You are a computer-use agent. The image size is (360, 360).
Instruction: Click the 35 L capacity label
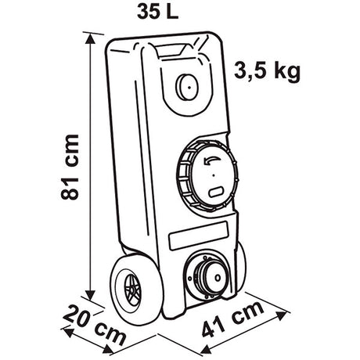pos(157,12)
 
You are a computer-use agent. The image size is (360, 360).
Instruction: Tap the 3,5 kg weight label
pos(267,71)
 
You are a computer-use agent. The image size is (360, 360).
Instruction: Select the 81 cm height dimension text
pos(70,167)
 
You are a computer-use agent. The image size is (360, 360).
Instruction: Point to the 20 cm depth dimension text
pos(95,326)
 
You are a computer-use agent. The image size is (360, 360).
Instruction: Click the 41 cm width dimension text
pos(233,319)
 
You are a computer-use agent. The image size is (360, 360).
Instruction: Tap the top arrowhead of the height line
pos(90,39)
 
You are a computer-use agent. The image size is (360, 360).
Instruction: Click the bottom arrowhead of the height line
pos(91,295)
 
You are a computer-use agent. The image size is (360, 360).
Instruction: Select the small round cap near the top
pos(187,87)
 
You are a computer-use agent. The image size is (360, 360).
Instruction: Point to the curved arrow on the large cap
pos(212,161)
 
